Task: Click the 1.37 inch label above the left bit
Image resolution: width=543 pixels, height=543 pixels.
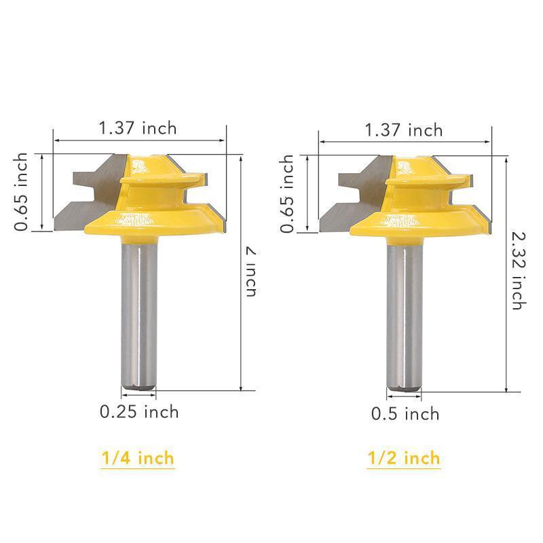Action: [x=138, y=128]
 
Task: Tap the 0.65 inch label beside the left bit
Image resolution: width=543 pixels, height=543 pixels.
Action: [x=22, y=192]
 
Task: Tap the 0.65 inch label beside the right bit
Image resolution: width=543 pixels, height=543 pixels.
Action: [x=287, y=194]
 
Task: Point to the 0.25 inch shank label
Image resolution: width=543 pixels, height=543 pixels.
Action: [x=139, y=411]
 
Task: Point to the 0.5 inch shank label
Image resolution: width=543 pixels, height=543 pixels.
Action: [x=405, y=413]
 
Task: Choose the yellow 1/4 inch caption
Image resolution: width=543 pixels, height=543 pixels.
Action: [x=138, y=458]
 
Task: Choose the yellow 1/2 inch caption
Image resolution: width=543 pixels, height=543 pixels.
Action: [x=404, y=460]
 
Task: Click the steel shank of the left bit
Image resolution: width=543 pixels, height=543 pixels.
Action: [x=138, y=312]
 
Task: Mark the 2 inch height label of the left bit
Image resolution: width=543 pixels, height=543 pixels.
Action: [x=251, y=271]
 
